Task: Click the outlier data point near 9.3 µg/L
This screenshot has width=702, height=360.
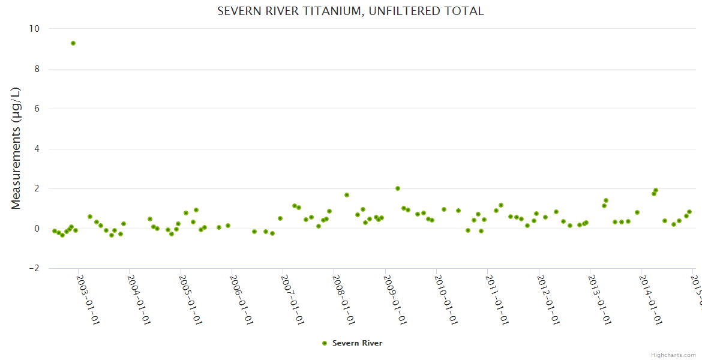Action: (73, 43)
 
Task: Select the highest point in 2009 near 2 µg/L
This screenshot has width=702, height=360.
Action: (398, 188)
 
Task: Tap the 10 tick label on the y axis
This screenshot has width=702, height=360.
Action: (34, 29)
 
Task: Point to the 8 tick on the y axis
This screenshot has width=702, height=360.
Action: (37, 69)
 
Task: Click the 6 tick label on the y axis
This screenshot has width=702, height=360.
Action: (37, 109)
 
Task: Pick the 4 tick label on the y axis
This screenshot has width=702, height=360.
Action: (37, 149)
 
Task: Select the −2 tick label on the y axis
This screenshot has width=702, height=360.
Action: (34, 268)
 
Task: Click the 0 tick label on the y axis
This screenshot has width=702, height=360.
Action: (37, 229)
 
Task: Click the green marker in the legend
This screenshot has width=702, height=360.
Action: (325, 343)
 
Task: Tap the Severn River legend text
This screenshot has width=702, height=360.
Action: (357, 343)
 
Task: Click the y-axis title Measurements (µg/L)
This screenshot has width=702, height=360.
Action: (16, 148)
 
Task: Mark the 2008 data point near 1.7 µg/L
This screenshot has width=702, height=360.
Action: (347, 195)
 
